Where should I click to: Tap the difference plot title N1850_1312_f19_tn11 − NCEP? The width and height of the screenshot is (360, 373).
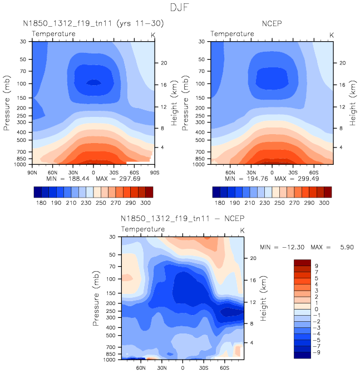(182, 217)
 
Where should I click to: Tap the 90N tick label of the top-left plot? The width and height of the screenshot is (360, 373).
(33, 171)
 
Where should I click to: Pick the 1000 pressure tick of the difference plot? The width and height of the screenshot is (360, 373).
(112, 360)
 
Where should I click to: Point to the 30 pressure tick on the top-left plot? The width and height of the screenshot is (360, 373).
(24, 42)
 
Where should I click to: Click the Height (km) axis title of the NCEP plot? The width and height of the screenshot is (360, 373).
(353, 102)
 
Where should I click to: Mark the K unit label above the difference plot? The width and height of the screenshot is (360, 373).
(242, 230)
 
